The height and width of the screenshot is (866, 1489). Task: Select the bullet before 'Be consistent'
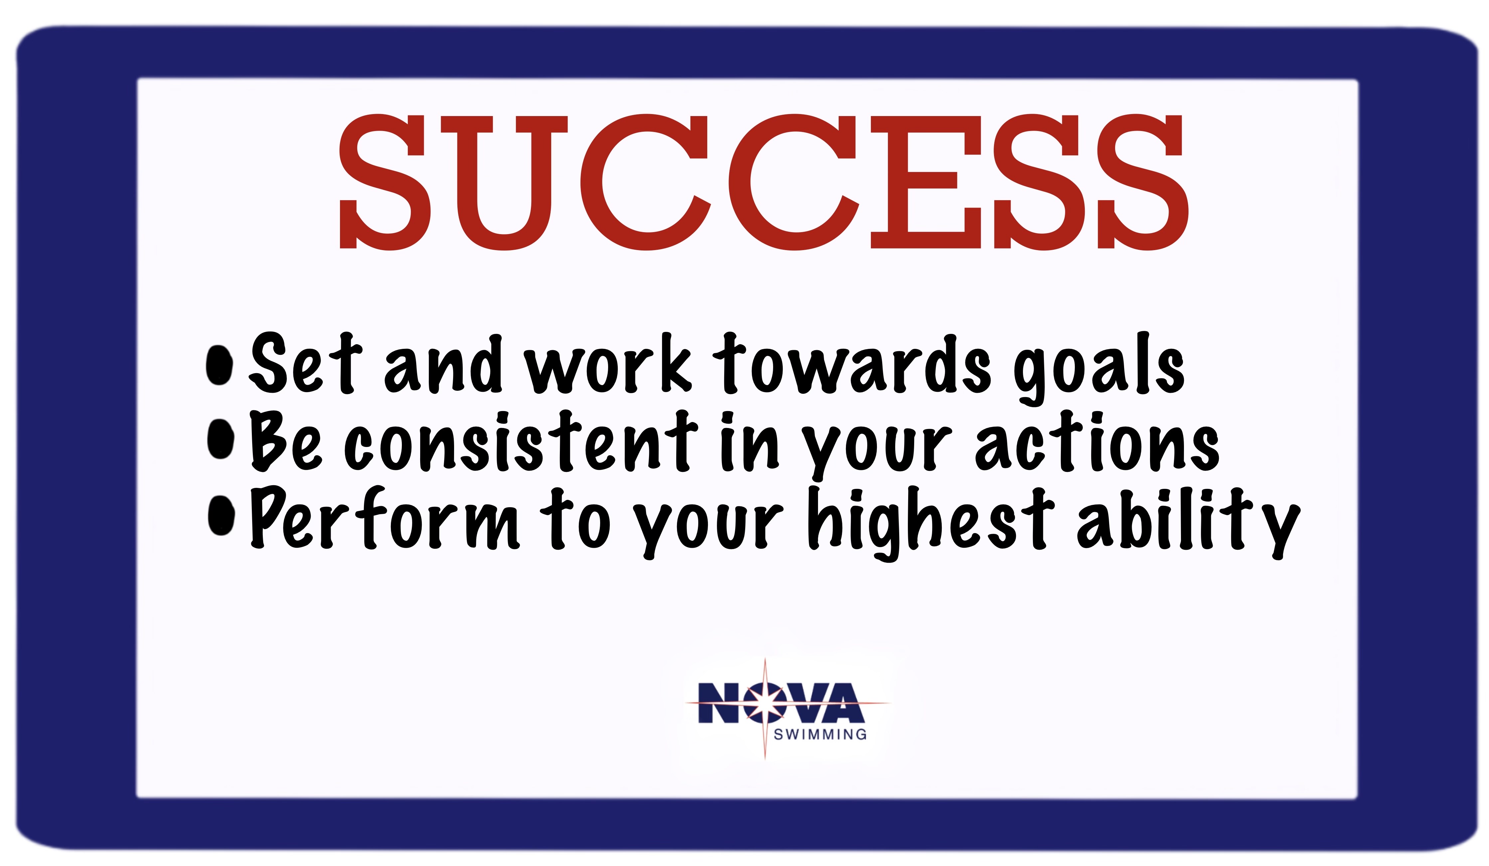pos(221,439)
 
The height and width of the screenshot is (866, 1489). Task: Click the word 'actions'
pos(1097,442)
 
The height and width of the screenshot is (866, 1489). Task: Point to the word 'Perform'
pos(385,518)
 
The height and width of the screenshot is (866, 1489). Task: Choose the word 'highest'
pos(931,523)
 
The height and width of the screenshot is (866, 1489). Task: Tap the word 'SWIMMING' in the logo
pos(820,734)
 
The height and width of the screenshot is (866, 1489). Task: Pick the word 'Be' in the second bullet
pos(286,441)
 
